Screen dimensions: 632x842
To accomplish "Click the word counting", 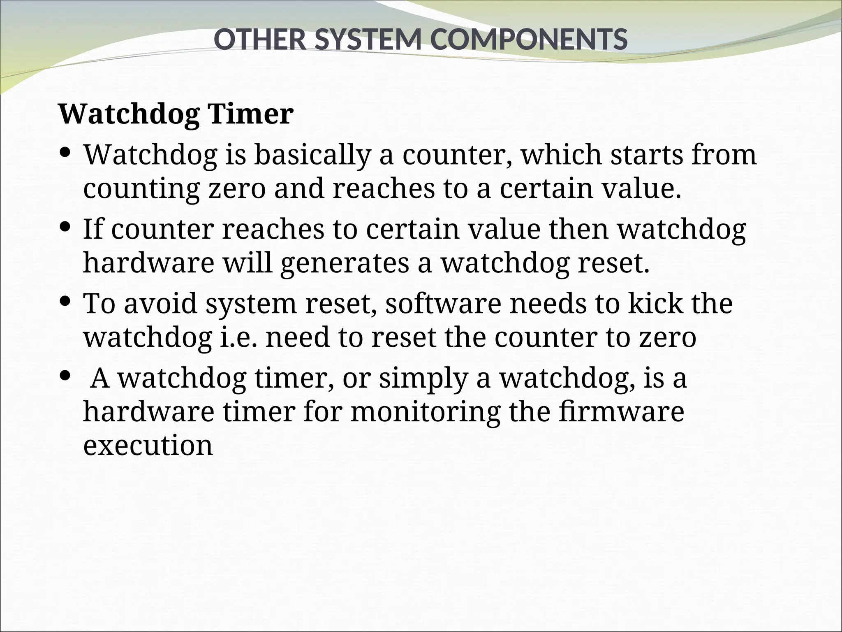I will [x=141, y=189].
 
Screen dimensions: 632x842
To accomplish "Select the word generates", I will [x=345, y=263].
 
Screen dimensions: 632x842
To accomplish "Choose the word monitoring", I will [x=426, y=411].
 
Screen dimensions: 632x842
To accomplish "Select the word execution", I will [x=148, y=445].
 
